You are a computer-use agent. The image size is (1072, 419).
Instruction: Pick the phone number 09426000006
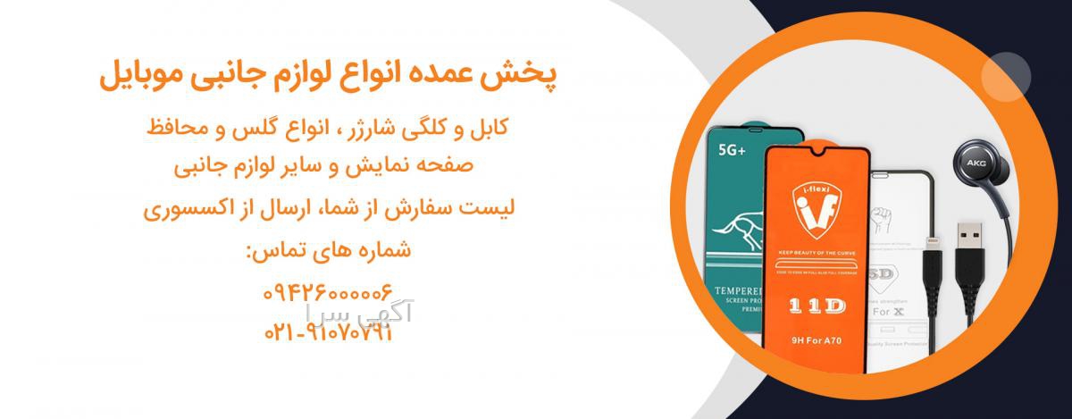click(x=328, y=292)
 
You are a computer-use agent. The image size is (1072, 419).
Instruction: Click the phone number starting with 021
click(x=328, y=332)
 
